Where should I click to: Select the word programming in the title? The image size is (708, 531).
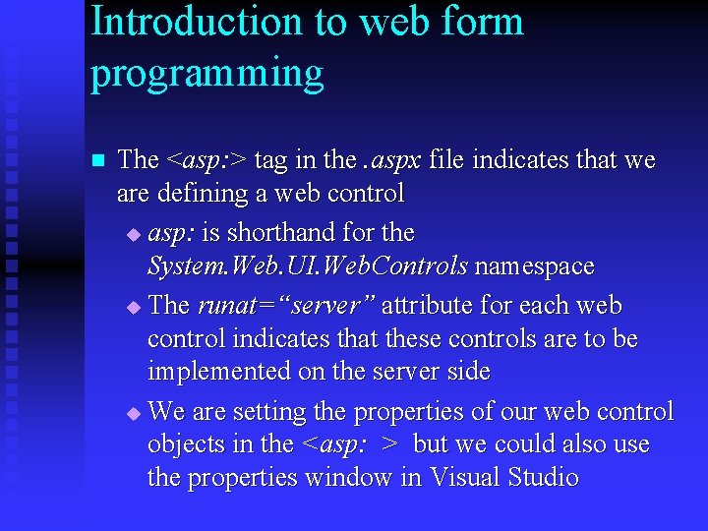[206, 74]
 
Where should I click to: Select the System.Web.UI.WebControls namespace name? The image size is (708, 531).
[307, 266]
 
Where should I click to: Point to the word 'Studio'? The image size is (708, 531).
[544, 478]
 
